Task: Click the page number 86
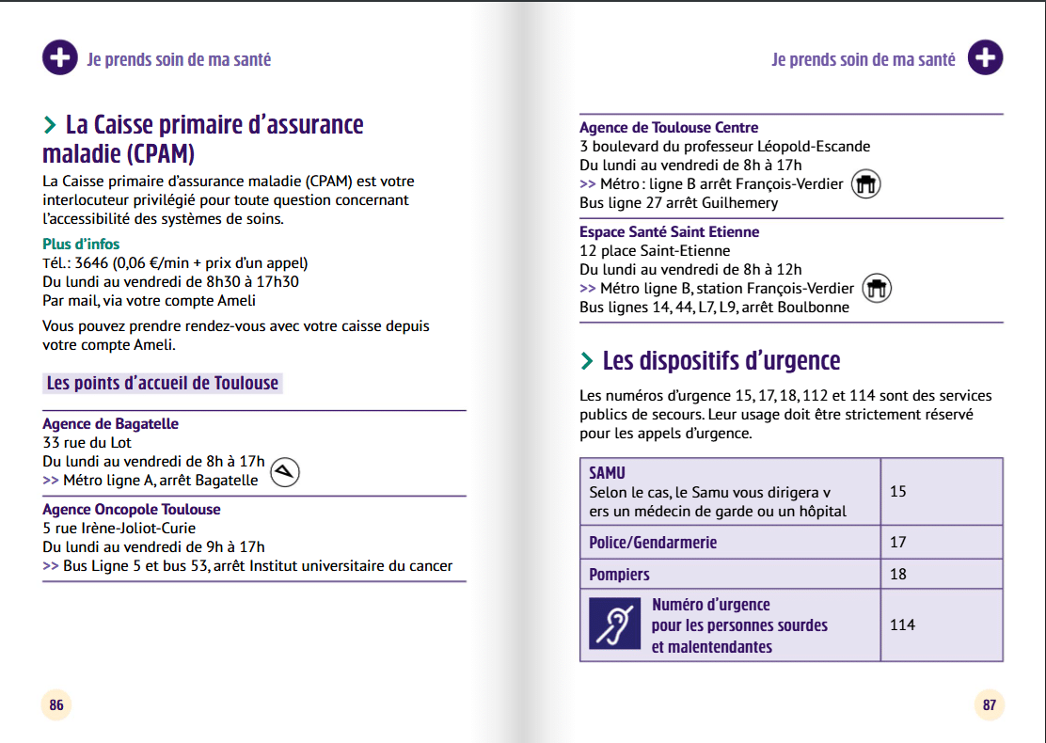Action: click(x=56, y=704)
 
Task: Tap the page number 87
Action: click(x=989, y=704)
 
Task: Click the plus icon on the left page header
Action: click(x=59, y=58)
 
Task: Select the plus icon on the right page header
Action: click(x=985, y=58)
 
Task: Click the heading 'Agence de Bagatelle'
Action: click(x=110, y=424)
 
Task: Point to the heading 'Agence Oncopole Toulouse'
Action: click(x=132, y=510)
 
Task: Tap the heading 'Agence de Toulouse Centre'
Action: click(x=669, y=128)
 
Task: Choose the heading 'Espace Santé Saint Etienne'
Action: click(x=669, y=232)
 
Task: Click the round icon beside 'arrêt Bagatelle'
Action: click(x=285, y=472)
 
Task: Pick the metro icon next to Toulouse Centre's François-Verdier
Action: click(x=865, y=184)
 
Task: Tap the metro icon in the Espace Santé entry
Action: click(x=877, y=289)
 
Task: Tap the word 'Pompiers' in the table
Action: click(x=619, y=575)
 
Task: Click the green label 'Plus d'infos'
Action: click(x=81, y=245)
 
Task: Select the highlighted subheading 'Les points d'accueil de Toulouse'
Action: click(x=163, y=383)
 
